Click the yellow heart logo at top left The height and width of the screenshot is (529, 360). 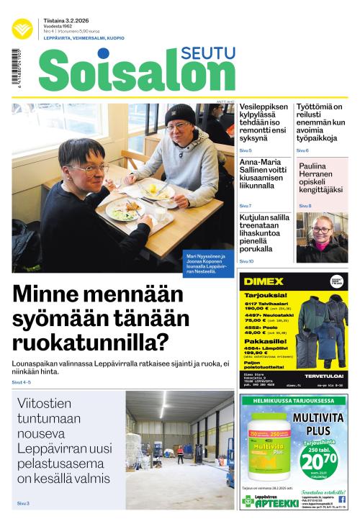tap(22, 28)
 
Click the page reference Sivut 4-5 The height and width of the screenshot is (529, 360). tap(22, 382)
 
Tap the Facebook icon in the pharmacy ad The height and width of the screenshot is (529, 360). tap(341, 499)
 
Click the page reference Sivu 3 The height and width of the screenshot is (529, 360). tap(23, 503)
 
